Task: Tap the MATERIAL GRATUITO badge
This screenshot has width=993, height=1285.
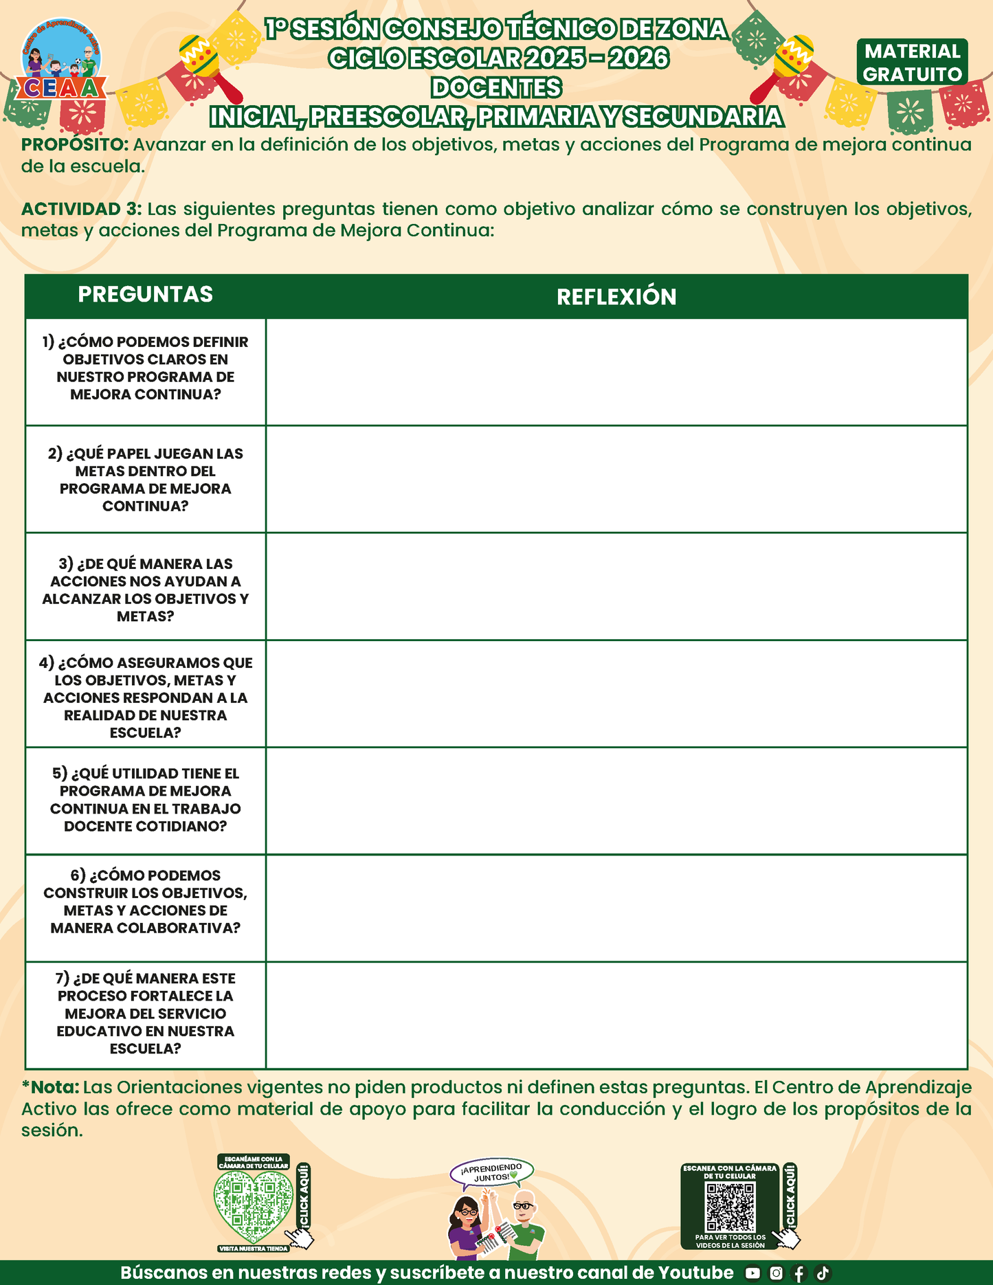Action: pos(912,63)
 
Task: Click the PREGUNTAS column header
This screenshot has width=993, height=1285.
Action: pos(145,295)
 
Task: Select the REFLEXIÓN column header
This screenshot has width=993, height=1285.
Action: pos(616,297)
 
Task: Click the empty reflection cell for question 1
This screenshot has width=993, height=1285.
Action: pos(616,372)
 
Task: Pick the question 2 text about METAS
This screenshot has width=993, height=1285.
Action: pos(145,480)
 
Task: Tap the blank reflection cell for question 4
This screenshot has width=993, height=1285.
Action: pos(616,694)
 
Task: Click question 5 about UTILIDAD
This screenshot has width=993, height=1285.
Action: pos(145,800)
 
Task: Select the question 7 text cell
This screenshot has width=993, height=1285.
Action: pos(145,1014)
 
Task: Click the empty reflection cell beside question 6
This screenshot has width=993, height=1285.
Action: pos(616,908)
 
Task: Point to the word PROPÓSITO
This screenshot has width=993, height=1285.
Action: pos(74,145)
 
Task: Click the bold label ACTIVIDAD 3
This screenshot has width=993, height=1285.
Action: pos(81,209)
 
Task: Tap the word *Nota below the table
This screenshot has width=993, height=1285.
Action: pos(51,1087)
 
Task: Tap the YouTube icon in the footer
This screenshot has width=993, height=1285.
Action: pos(752,1273)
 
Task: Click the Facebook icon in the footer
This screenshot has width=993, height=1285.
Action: pos(799,1273)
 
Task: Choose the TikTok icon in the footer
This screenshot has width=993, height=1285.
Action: pos(823,1273)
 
